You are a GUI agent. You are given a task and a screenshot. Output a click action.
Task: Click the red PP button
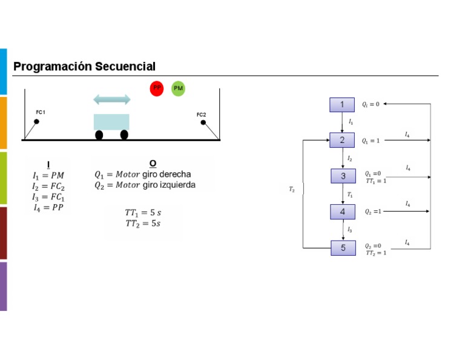tap(157, 88)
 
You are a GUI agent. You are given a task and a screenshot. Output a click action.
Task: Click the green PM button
tap(178, 88)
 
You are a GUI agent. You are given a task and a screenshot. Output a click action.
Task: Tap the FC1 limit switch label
tap(41, 113)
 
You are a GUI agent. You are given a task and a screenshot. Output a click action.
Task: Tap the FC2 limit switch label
tap(201, 115)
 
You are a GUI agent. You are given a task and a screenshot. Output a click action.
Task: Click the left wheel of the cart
tap(99, 135)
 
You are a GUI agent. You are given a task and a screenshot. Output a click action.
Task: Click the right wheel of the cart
tap(124, 135)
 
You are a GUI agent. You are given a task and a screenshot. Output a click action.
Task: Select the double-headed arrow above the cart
tap(111, 99)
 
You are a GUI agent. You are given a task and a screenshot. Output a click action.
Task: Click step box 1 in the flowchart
tap(342, 105)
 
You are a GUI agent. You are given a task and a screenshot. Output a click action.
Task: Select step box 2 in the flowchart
tap(342, 141)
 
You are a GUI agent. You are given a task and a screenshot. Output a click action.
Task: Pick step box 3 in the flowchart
tap(343, 176)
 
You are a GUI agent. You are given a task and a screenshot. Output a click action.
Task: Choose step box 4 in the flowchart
tap(343, 212)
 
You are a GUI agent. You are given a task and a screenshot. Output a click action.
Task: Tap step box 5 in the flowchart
tap(343, 248)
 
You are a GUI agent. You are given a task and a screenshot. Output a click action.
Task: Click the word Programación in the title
tap(53, 67)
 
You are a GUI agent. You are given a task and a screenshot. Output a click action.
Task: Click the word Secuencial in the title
tap(125, 67)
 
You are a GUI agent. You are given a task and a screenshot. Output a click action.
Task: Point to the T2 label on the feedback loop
tap(292, 190)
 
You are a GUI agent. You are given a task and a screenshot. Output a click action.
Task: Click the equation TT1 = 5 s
tap(143, 213)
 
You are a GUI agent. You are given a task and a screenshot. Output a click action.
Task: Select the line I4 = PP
tap(48, 207)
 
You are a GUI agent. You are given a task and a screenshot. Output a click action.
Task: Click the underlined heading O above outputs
tap(153, 164)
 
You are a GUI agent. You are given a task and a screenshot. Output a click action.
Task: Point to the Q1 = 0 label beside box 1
tap(371, 104)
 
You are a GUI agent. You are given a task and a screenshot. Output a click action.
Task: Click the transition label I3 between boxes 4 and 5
tap(349, 230)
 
